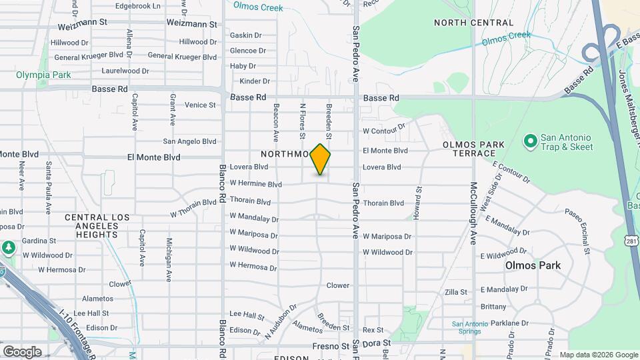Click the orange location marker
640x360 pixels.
tap(321, 159)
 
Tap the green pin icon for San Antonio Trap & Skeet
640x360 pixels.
tap(531, 141)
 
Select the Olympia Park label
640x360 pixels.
tap(43, 75)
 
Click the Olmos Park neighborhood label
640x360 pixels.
tap(533, 265)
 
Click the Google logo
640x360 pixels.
tap(22, 351)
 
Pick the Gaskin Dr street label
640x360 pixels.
tap(245, 35)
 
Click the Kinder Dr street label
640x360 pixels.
tap(254, 81)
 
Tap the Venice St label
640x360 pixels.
tap(200, 105)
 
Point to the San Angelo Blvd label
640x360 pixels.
tap(190, 141)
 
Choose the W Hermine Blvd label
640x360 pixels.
tap(256, 184)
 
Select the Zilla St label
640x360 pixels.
tap(456, 292)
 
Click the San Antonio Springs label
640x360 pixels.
tap(475, 328)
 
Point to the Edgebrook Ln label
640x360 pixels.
tap(138, 6)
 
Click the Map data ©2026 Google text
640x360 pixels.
tap(599, 355)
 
